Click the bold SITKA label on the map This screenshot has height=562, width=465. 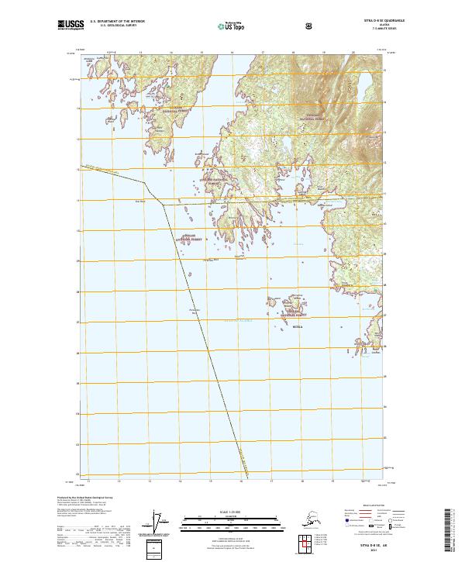click(x=278, y=328)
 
